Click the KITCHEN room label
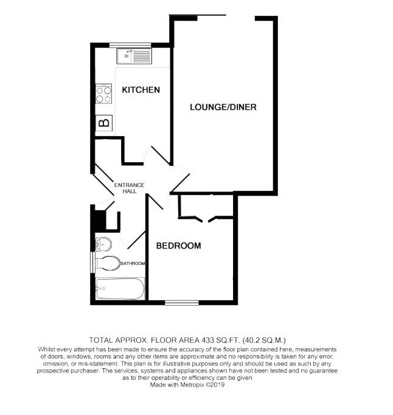tap(141, 90)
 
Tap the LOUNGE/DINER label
tap(223, 108)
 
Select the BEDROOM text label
tap(178, 245)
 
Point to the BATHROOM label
tap(132, 264)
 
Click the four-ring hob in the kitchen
tap(103, 95)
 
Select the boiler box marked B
tap(104, 123)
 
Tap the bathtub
tap(120, 289)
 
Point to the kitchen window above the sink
tap(130, 44)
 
